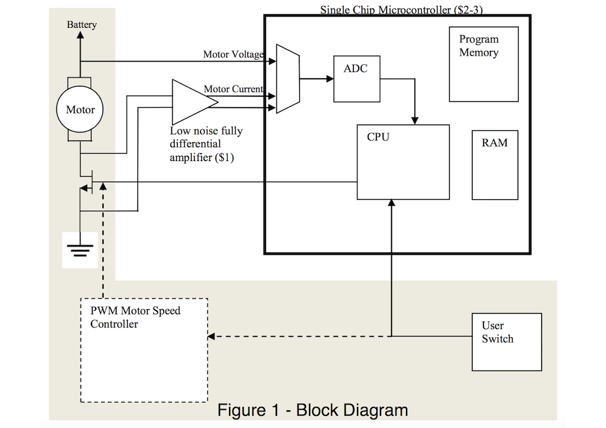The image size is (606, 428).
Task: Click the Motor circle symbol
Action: pyautogui.click(x=81, y=110)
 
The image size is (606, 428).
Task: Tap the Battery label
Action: pyautogui.click(x=81, y=25)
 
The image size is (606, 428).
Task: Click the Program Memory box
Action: pyautogui.click(x=483, y=64)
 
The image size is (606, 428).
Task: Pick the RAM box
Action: pyautogui.click(x=494, y=165)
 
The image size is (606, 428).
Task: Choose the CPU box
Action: pyautogui.click(x=403, y=162)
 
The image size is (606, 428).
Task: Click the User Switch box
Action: pyautogui.click(x=507, y=341)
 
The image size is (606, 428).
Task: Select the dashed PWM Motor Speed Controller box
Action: pyautogui.click(x=144, y=350)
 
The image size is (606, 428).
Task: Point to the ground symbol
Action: pyautogui.click(x=80, y=248)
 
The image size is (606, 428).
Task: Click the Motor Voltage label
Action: pyautogui.click(x=233, y=55)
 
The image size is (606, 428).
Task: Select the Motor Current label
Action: pyautogui.click(x=233, y=90)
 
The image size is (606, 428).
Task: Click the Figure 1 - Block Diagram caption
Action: pyautogui.click(x=313, y=410)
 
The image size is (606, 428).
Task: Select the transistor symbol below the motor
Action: pyautogui.click(x=87, y=182)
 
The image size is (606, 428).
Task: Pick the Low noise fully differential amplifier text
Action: pyautogui.click(x=206, y=144)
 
